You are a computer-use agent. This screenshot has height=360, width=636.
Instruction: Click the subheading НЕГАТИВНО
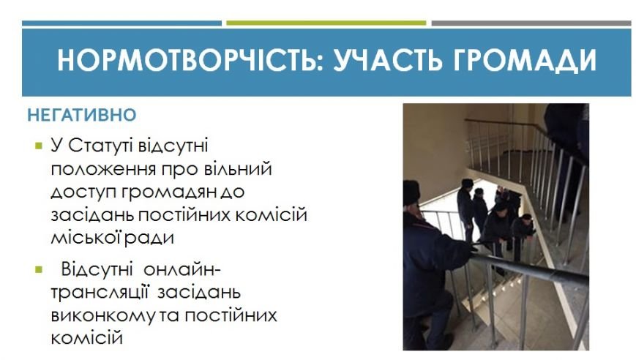point(81,115)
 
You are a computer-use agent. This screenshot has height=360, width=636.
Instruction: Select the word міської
point(86,238)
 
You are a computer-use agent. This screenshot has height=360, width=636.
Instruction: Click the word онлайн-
point(182,269)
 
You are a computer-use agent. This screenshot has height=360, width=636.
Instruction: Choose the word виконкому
point(103,316)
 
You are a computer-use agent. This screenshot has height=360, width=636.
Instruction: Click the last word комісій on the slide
point(87,338)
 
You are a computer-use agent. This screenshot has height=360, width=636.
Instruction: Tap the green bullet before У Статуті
point(39,146)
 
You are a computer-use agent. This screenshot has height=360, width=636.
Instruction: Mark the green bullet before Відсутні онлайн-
point(39,269)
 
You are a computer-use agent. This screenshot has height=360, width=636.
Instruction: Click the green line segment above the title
point(326,23)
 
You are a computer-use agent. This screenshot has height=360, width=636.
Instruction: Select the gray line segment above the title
point(531,23)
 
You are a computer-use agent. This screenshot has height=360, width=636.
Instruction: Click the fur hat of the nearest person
point(411,193)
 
